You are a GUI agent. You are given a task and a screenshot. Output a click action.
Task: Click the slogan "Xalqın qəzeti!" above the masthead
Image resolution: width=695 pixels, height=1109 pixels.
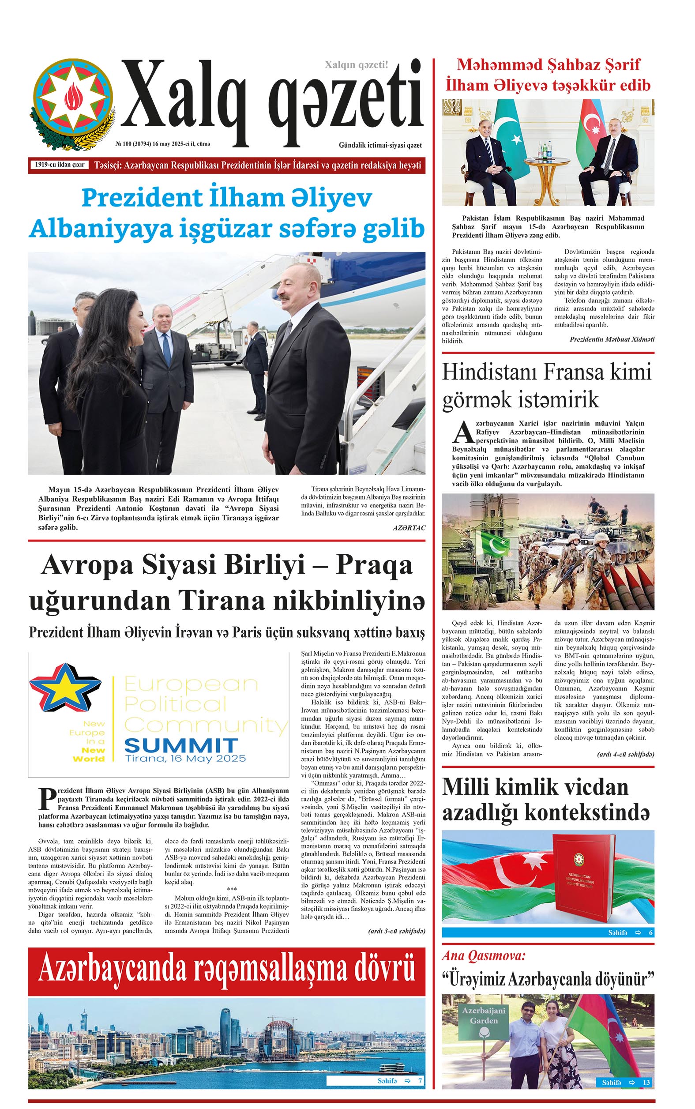click(x=356, y=65)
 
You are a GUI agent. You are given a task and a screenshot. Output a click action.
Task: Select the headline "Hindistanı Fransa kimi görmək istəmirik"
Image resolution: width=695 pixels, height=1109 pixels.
click(x=547, y=385)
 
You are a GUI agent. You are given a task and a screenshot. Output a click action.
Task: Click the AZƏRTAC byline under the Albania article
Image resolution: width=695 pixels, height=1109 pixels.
click(x=409, y=528)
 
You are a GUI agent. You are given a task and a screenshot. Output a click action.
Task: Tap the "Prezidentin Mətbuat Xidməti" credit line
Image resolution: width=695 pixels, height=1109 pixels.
click(x=611, y=339)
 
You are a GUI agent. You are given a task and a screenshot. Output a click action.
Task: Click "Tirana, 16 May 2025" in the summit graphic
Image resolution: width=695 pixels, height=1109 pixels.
click(x=186, y=759)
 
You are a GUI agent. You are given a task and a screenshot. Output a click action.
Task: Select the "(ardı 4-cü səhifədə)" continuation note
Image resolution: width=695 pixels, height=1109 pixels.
click(x=625, y=754)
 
